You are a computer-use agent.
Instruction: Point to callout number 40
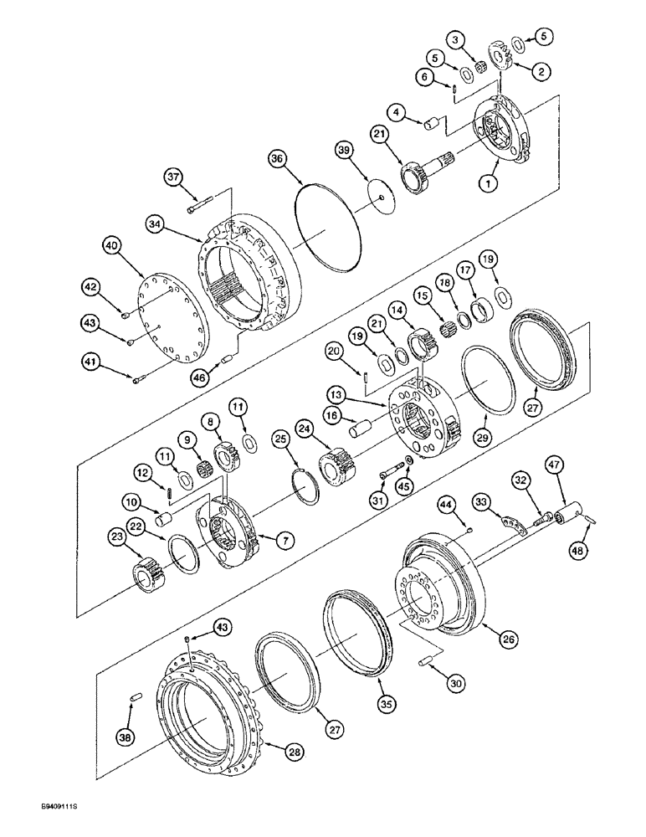pyautogui.click(x=111, y=246)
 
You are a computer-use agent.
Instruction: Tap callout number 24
pyautogui.click(x=303, y=429)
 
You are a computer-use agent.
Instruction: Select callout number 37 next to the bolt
pyautogui.click(x=173, y=177)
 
